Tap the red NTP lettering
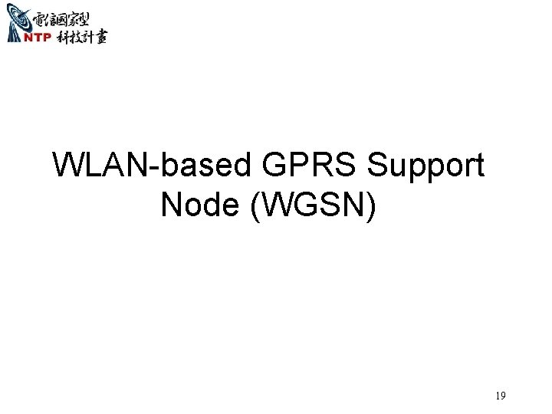pyautogui.click(x=38, y=38)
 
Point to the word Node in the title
pyautogui.click(x=199, y=204)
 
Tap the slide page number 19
pyautogui.click(x=500, y=396)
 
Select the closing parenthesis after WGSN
pyautogui.click(x=372, y=205)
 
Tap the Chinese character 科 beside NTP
pyautogui.click(x=62, y=38)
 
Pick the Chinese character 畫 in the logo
pyautogui.click(x=100, y=38)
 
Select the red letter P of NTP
pyautogui.click(x=47, y=38)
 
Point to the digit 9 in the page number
pyautogui.click(x=502, y=396)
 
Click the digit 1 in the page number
pyautogui.click(x=497, y=396)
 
